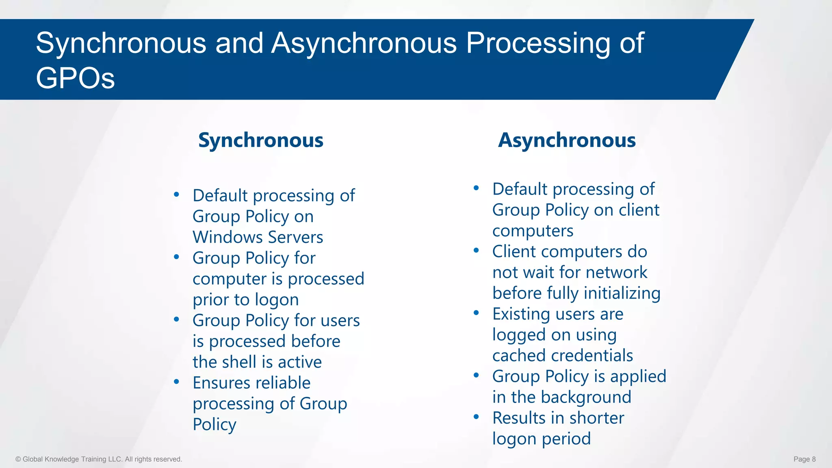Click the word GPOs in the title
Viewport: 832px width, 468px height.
(x=75, y=78)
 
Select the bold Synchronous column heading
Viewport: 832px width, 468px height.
(x=260, y=141)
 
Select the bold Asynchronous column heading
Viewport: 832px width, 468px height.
(x=567, y=141)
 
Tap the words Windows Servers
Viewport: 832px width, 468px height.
(x=258, y=237)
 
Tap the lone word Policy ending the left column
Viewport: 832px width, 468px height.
(x=214, y=425)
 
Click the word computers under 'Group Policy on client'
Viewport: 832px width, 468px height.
(x=533, y=231)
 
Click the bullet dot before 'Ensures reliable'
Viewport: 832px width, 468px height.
(x=176, y=382)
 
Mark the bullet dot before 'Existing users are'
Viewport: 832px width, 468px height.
(x=476, y=313)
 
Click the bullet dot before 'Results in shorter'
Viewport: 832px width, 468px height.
(x=476, y=417)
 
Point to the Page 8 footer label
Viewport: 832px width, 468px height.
(x=804, y=459)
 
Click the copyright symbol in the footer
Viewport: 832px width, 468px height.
(x=18, y=459)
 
